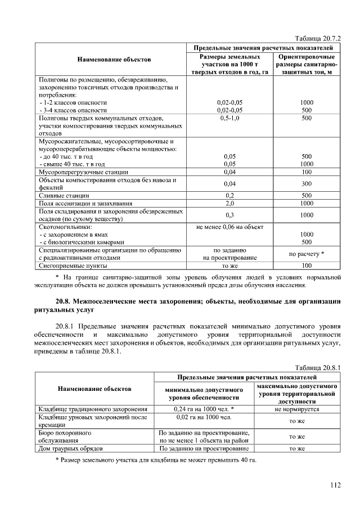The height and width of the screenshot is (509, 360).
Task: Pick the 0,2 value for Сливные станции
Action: pos(229,195)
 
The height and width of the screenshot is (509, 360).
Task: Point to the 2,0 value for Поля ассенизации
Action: pos(229,203)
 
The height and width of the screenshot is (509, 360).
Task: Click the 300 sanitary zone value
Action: pos(307,183)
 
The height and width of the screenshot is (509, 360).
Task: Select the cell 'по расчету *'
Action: pos(307,254)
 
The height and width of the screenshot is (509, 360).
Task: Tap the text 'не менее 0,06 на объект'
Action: pos(229,227)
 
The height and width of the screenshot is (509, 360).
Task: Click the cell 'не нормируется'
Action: pos(297,409)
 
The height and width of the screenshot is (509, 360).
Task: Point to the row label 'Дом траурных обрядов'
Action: pos(70,449)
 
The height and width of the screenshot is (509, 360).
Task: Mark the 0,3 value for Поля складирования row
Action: pos(229,215)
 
